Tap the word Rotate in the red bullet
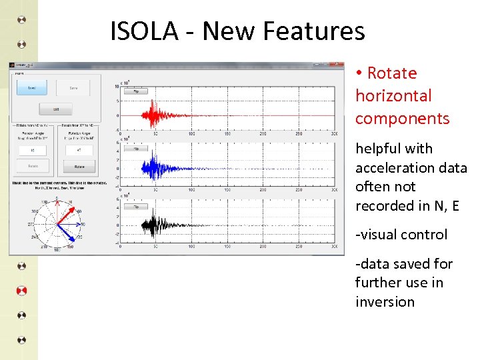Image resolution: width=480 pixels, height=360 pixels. [391, 73]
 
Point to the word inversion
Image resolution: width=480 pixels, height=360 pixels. [385, 302]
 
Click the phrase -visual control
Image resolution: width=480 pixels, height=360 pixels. [401, 235]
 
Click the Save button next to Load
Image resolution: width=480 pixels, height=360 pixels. [73, 88]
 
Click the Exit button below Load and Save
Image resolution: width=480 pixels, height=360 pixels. [55, 108]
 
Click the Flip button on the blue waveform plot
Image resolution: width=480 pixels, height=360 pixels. [136, 149]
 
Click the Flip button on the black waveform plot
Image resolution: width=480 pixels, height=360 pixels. [136, 207]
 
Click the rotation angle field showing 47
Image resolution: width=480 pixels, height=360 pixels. [79, 151]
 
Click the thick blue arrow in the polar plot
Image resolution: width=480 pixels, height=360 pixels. [66, 233]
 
